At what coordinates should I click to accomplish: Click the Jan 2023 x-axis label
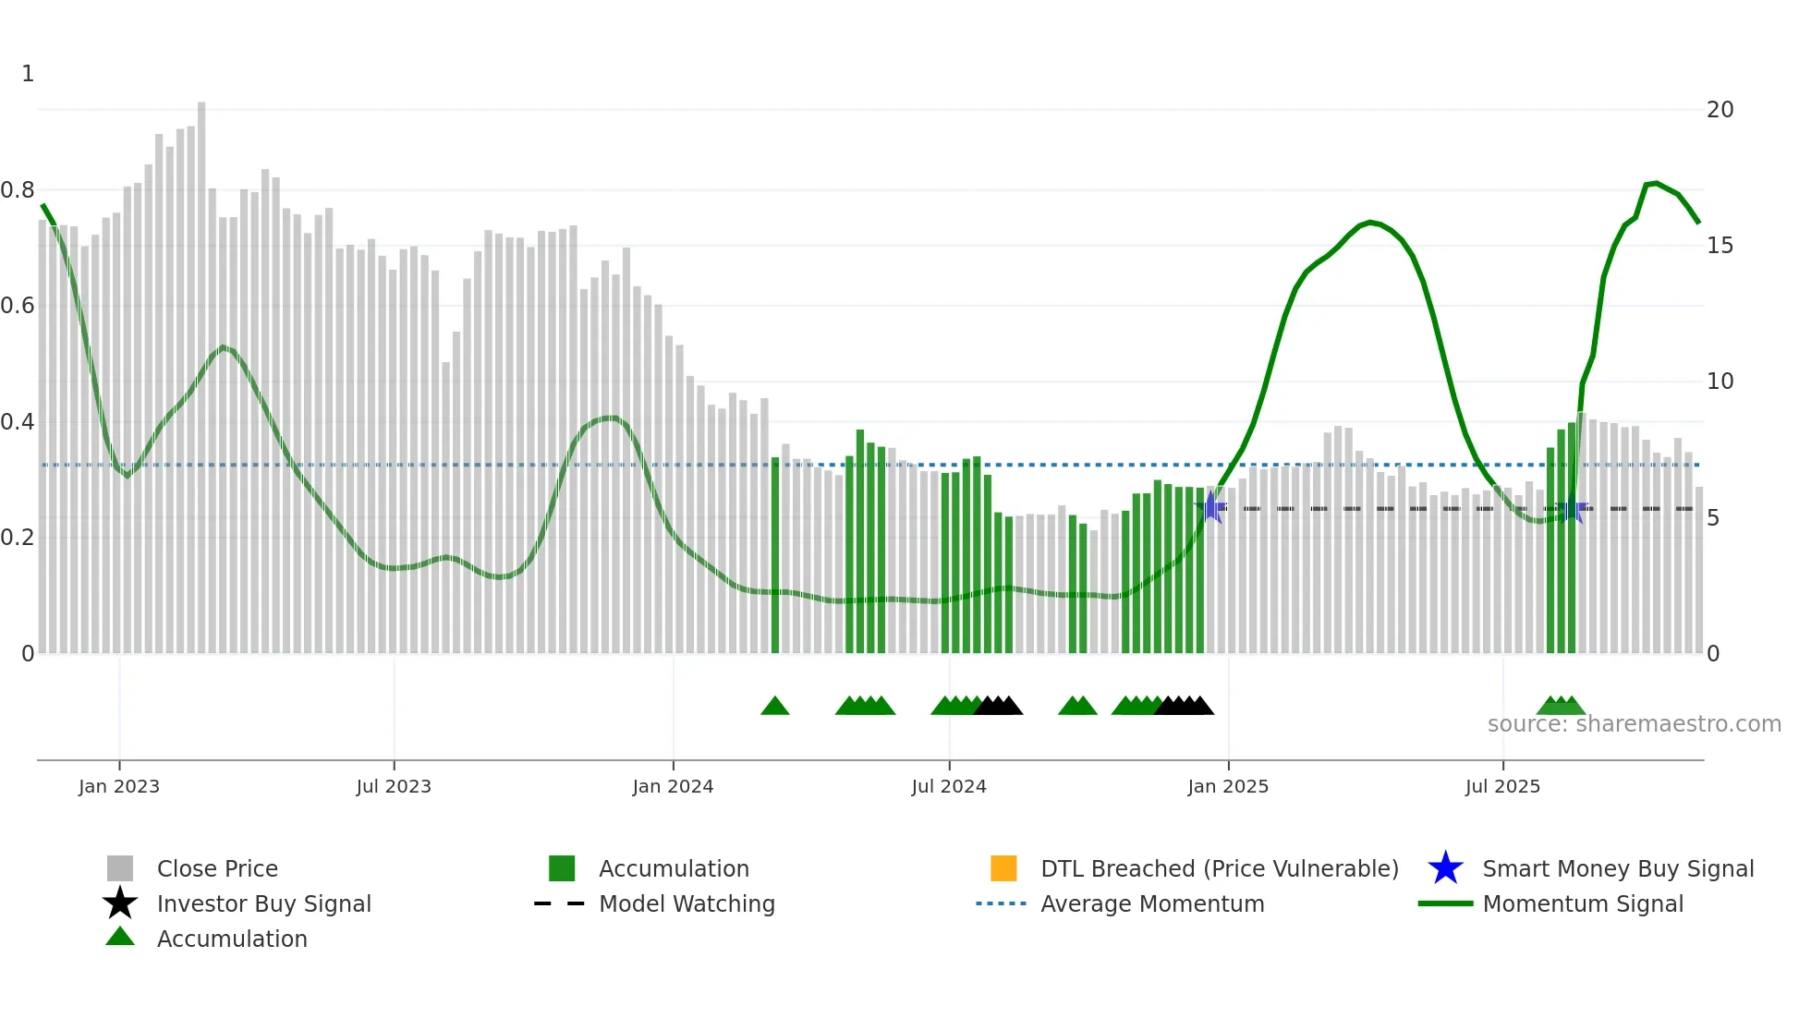118,786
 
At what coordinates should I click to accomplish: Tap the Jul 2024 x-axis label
948,786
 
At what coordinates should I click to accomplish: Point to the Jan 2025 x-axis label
1227,786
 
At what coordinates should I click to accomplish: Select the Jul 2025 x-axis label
1502,786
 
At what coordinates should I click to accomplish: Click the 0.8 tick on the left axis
18,190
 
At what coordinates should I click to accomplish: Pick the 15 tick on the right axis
1720,246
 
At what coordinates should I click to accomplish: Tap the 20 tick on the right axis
1720,110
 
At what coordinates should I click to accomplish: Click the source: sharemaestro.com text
1634,724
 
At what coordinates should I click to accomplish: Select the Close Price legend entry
217,868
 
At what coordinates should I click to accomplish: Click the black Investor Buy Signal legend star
120,903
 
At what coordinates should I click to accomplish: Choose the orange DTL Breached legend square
1003,868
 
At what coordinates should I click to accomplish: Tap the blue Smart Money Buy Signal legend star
1445,868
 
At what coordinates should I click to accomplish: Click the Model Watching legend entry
687,903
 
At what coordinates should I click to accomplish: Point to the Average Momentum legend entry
1152,903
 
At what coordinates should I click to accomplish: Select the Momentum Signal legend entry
1583,903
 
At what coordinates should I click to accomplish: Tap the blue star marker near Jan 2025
1210,507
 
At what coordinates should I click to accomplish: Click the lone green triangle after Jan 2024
775,707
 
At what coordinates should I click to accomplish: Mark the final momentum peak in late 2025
1656,183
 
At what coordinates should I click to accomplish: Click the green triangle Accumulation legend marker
120,937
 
